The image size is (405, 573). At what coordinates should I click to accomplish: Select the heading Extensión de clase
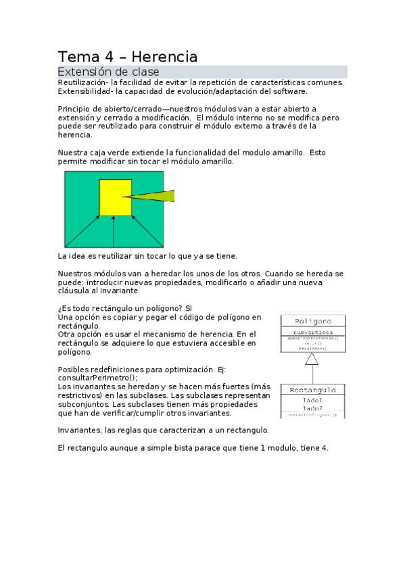click(108, 72)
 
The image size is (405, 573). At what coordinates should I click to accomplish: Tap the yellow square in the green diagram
click(115, 197)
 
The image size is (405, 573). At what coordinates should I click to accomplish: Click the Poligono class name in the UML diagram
click(312, 321)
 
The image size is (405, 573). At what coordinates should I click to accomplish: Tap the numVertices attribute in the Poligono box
click(312, 332)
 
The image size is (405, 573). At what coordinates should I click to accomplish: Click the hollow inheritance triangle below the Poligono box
click(312, 359)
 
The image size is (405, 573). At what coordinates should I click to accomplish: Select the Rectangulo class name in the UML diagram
click(312, 390)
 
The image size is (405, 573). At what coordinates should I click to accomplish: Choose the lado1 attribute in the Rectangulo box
click(312, 401)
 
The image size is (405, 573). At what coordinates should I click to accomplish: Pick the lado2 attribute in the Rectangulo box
click(312, 408)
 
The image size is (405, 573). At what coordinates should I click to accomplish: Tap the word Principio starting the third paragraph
click(74, 109)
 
